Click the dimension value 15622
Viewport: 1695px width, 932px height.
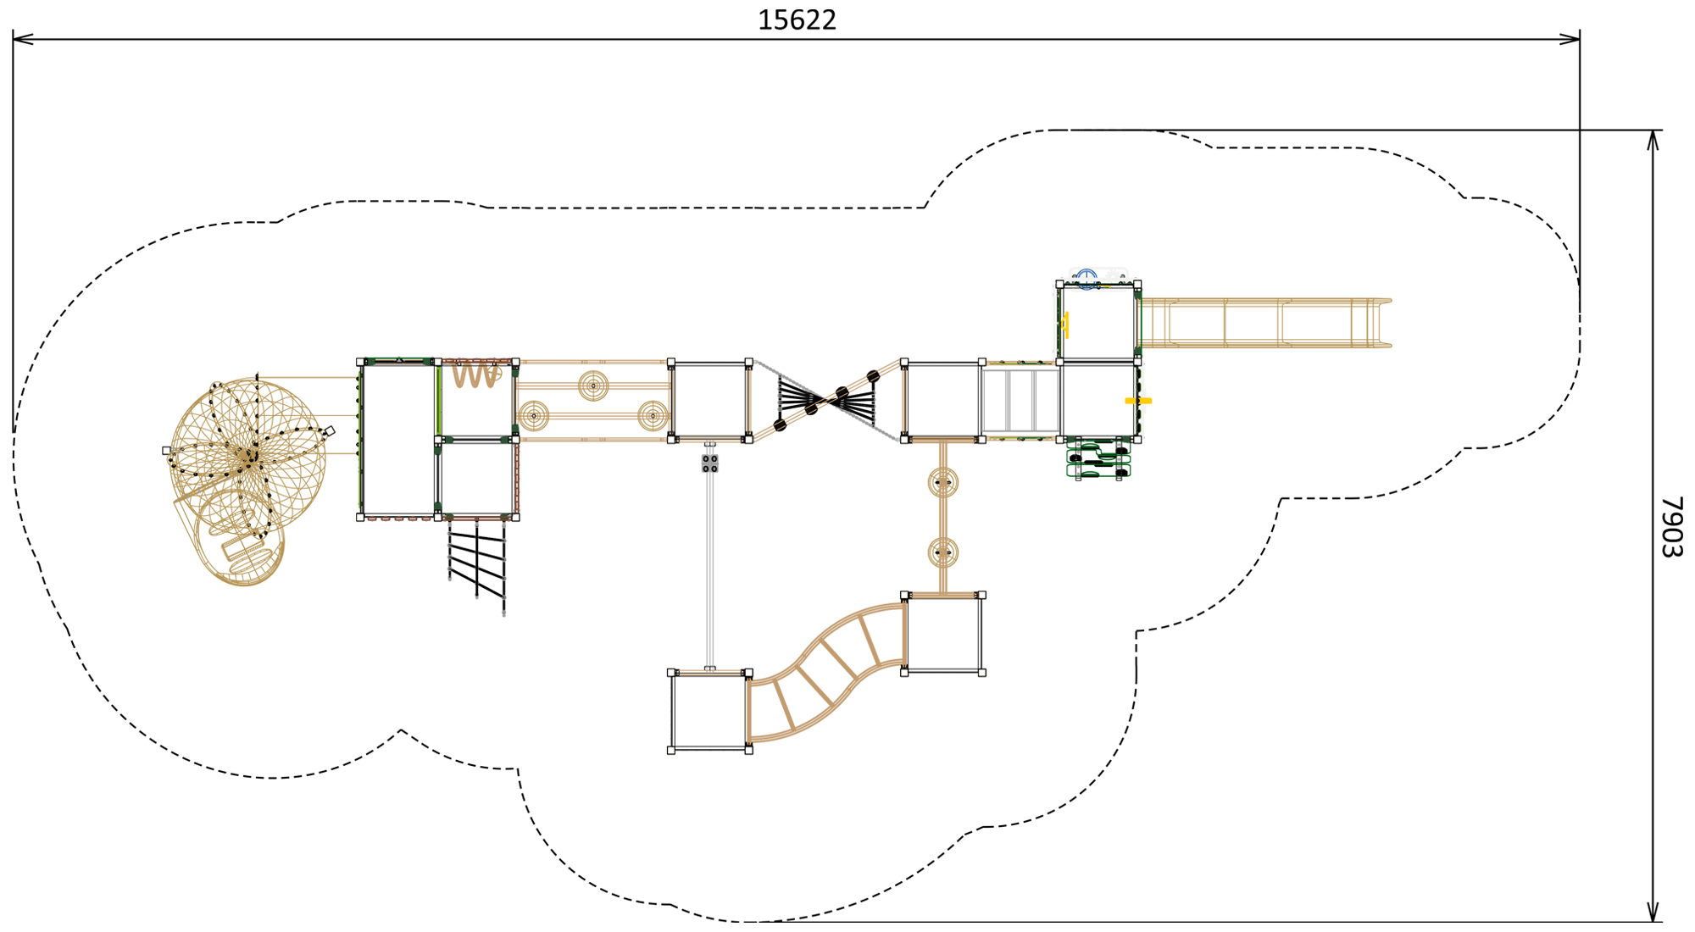(797, 19)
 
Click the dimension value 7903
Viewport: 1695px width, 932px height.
(1670, 526)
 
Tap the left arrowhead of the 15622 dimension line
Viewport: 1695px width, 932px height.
(23, 38)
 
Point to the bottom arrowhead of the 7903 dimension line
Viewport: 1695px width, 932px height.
(1653, 912)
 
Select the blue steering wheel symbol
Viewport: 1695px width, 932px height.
(1086, 277)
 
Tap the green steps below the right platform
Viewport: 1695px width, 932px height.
(1098, 459)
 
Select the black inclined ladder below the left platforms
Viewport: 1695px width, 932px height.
(477, 565)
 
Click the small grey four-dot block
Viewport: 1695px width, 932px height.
(710, 463)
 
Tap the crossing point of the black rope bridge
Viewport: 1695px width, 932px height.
(825, 400)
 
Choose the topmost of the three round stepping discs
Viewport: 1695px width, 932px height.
(593, 386)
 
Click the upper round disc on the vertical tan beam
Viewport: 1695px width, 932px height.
(943, 483)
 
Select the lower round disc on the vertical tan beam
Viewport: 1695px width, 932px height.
(943, 553)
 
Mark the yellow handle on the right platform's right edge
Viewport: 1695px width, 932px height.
(1138, 401)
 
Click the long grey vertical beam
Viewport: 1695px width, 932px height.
(710, 568)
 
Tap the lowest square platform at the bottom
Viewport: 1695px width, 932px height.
(710, 711)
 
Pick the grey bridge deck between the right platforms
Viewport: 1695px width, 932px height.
(1021, 401)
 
